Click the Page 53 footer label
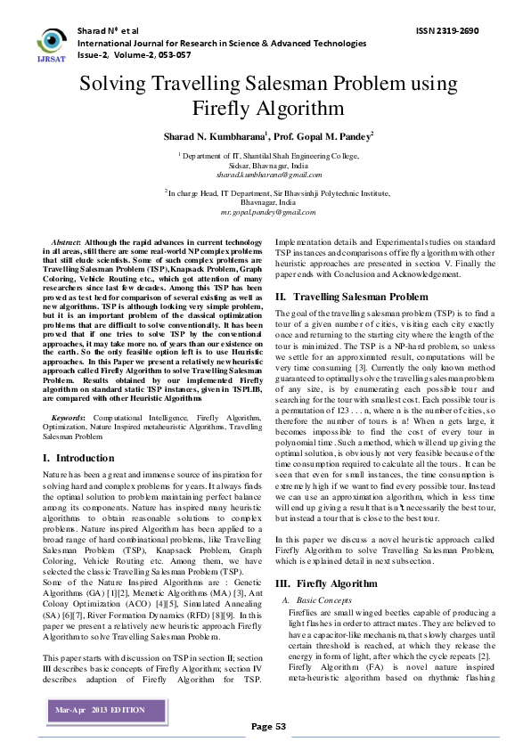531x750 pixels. tap(268, 726)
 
